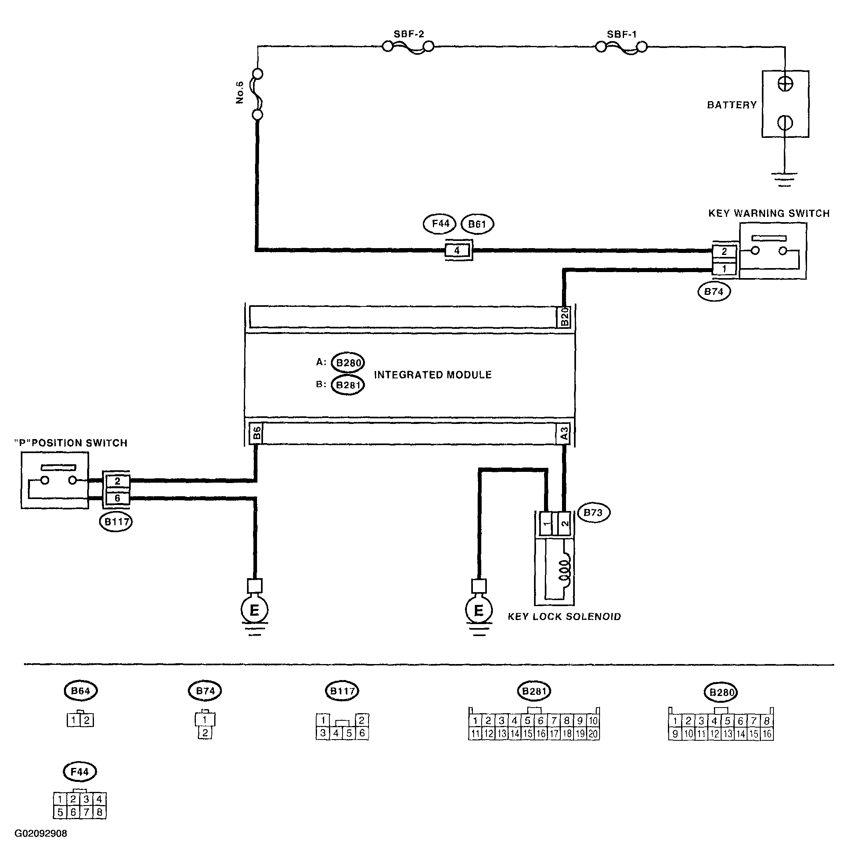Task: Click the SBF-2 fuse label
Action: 409,34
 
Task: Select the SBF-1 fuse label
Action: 622,34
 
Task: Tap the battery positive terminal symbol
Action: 785,84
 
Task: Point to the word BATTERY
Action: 732,105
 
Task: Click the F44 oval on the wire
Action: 440,223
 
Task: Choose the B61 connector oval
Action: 477,224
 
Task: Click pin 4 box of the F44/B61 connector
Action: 457,251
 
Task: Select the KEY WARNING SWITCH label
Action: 769,213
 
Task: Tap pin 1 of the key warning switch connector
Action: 724,269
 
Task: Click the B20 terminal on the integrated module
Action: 564,317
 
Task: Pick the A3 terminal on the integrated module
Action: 564,433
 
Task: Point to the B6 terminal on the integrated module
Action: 256,433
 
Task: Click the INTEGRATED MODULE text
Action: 432,375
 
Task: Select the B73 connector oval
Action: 593,513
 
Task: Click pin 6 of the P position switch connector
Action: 117,498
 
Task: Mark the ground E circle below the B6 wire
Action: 254,610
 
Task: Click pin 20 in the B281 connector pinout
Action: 593,734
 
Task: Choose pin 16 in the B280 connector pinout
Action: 767,734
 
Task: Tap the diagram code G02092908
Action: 41,833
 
